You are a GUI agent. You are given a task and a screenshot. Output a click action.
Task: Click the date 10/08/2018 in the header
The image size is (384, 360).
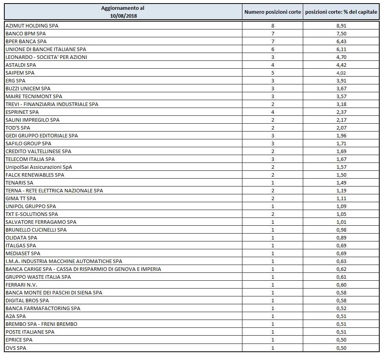point(123,16)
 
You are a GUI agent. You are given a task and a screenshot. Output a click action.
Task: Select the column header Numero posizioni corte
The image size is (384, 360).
point(273,12)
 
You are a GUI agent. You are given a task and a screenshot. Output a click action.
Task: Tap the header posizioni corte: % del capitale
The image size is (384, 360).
point(342,12)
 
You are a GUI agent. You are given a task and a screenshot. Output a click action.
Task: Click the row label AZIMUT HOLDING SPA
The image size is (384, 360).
point(32,26)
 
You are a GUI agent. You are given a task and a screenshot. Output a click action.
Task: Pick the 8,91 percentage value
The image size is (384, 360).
point(342,26)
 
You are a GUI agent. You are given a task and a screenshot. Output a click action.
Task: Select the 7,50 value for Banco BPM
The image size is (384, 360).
point(342,33)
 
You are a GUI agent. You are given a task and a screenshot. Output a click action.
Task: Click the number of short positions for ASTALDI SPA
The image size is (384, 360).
point(273,65)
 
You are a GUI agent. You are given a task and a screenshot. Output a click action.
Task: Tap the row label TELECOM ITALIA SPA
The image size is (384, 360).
point(30,159)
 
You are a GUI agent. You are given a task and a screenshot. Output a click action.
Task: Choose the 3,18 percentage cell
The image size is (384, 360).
point(342,104)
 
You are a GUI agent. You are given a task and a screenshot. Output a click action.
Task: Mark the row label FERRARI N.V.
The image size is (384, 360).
point(22,285)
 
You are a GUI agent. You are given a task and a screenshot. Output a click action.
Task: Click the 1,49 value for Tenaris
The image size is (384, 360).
point(342,183)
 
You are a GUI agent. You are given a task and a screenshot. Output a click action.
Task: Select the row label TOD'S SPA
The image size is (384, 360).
point(18,128)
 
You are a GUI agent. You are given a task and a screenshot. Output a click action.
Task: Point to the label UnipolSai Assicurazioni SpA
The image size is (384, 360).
point(39,167)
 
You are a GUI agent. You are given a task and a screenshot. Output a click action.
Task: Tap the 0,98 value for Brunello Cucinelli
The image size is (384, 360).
point(342,230)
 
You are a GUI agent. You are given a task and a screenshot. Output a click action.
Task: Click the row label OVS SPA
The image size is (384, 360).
point(16,347)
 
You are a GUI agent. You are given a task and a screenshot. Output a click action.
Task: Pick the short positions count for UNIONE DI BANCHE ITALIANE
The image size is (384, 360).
point(273,49)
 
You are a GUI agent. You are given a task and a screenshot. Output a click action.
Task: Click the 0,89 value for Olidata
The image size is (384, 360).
point(342,238)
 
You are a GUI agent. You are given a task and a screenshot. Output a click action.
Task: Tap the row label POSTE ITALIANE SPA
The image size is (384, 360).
point(30,332)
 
